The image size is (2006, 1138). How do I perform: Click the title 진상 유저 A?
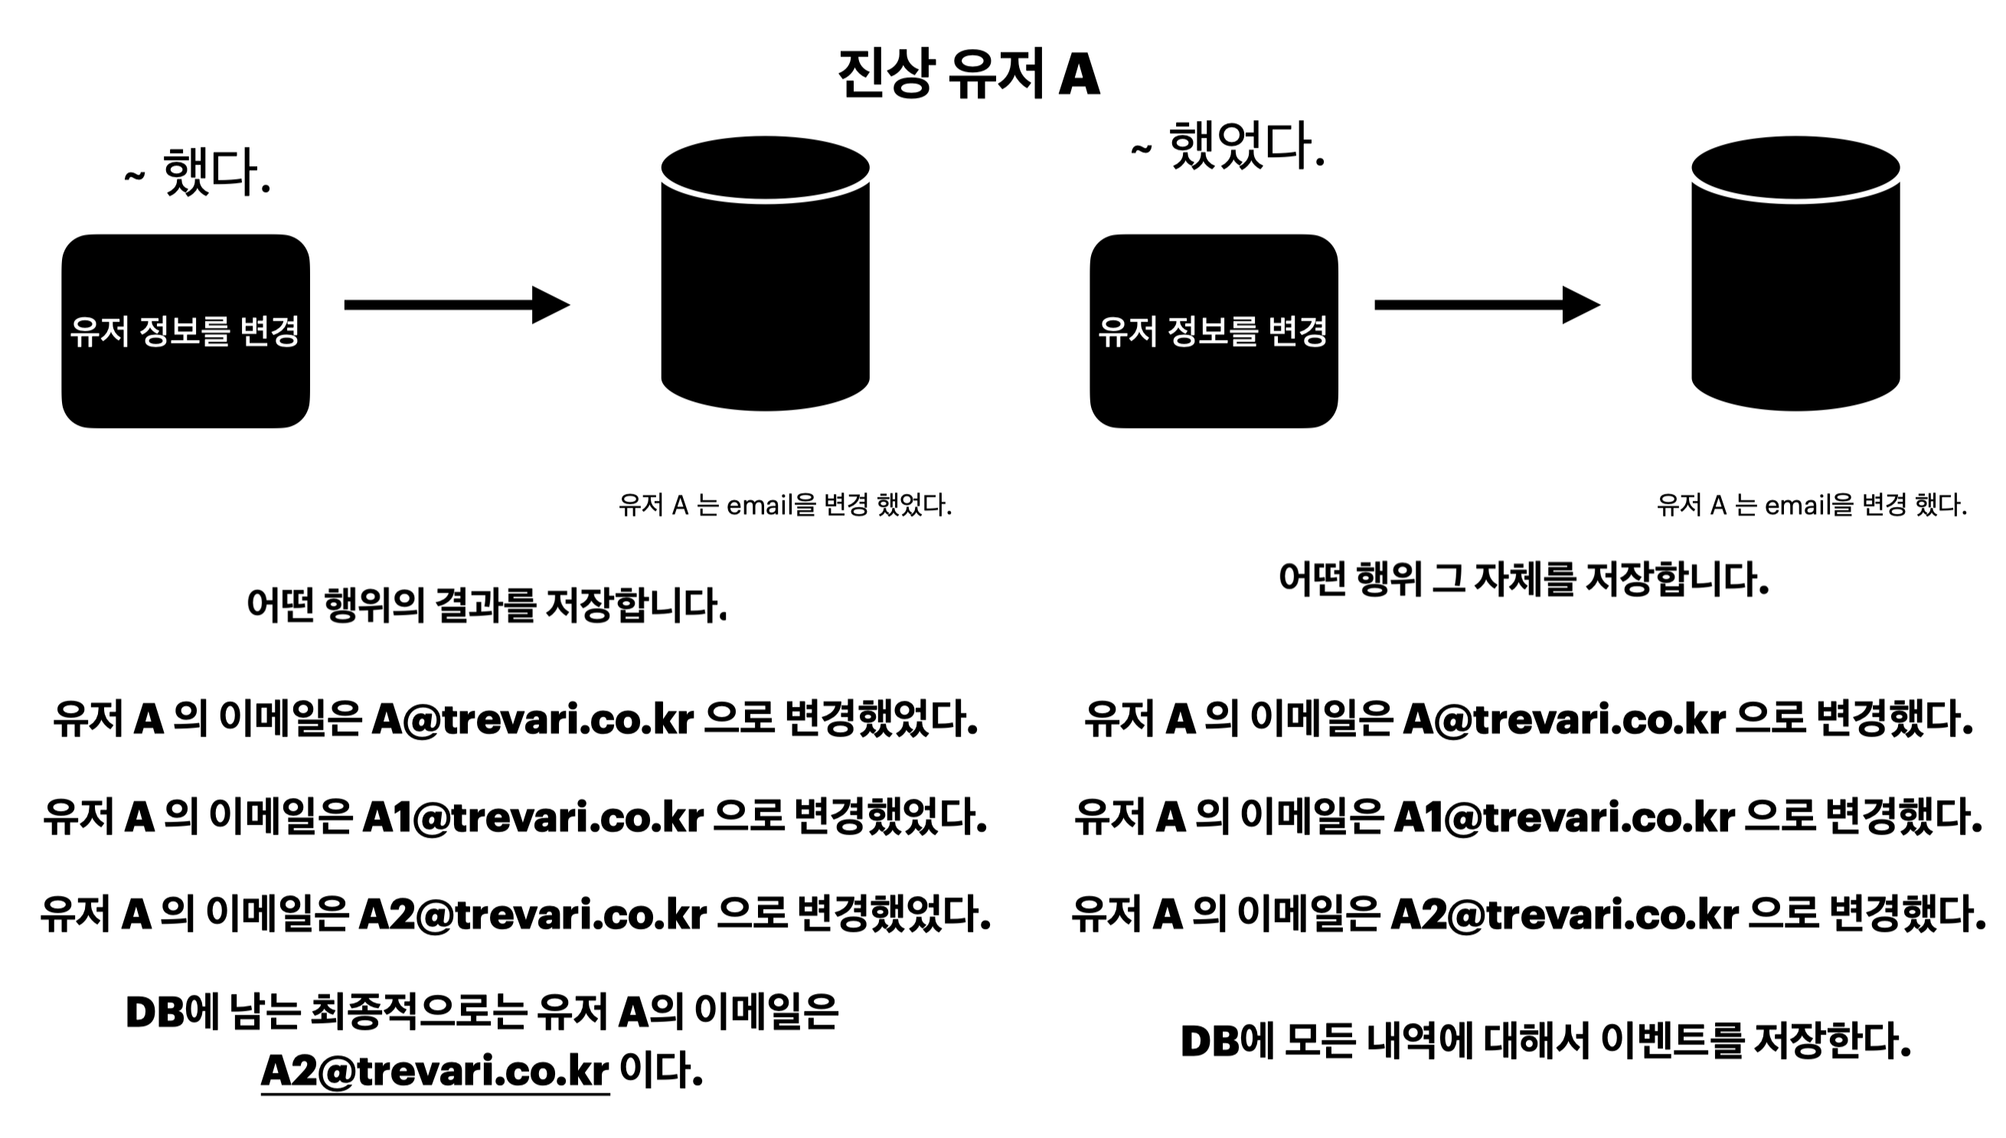click(969, 74)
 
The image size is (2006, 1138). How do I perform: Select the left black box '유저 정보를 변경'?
click(186, 331)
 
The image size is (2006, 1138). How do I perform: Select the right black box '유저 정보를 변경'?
click(1214, 331)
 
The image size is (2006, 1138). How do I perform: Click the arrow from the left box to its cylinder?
click(457, 305)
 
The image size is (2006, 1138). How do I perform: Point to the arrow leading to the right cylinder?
click(1487, 305)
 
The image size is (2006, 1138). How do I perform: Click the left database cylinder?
click(765, 273)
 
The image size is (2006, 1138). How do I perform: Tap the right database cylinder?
click(1795, 273)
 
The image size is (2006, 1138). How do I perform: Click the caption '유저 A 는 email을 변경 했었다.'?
click(785, 505)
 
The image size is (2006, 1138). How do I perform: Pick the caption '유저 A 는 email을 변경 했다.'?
click(1812, 505)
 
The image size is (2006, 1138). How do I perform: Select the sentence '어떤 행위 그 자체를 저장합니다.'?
click(1523, 579)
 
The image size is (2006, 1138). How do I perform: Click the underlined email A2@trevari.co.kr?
click(434, 1070)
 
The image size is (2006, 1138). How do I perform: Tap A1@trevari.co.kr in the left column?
click(533, 816)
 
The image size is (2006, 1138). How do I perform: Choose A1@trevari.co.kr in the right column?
click(1564, 816)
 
